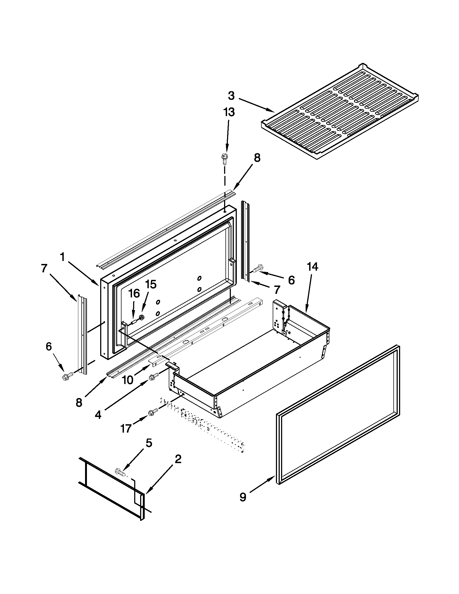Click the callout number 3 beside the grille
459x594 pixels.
pyautogui.click(x=231, y=96)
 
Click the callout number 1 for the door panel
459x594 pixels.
pyautogui.click(x=63, y=256)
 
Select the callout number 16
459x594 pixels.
pyautogui.click(x=134, y=293)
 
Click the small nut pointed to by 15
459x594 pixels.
pyautogui.click(x=141, y=317)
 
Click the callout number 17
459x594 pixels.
pyautogui.click(x=126, y=429)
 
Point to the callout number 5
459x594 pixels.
pyautogui.click(x=148, y=443)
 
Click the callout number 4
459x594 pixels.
pyautogui.click(x=98, y=415)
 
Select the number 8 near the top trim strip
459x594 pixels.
pyautogui.click(x=257, y=158)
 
